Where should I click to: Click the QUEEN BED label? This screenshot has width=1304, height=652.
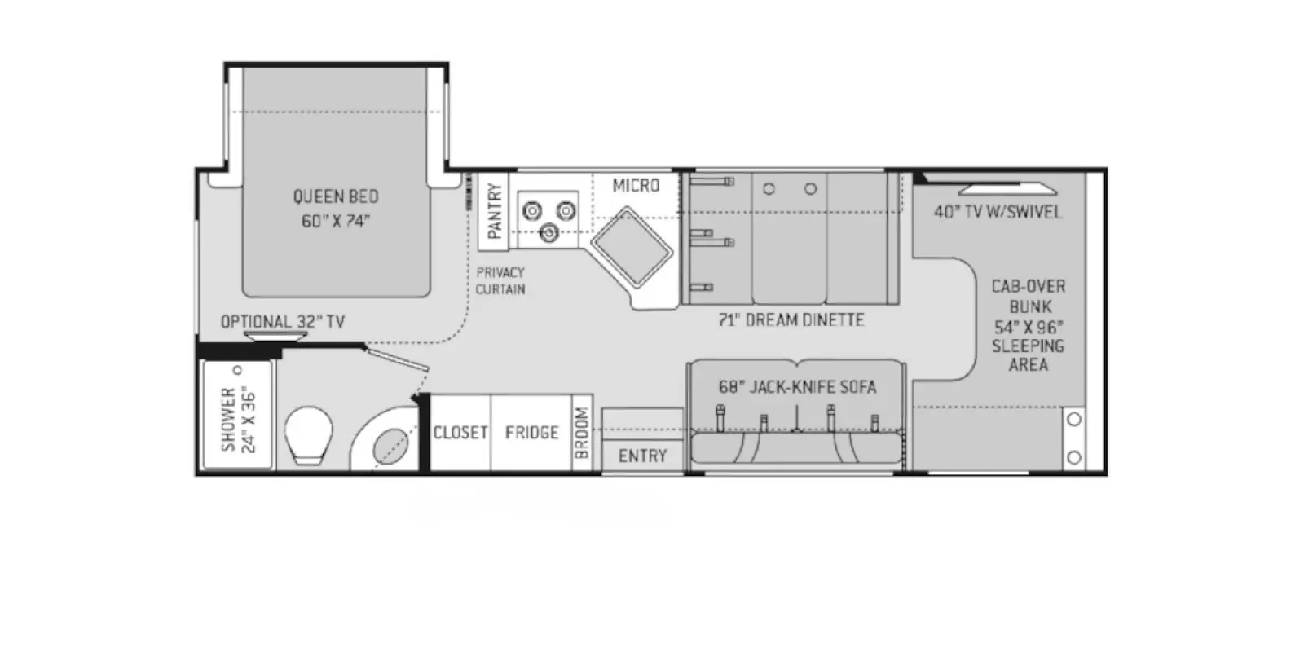point(336,209)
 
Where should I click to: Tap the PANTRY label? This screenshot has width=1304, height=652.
point(495,211)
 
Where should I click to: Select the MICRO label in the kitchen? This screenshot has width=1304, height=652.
point(636,186)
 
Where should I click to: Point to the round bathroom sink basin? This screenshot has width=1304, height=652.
point(391,446)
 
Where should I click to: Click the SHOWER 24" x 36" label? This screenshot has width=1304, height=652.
point(238,419)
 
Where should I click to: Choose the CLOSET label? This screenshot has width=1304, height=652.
point(460,433)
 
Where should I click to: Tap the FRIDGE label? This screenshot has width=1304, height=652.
point(531,433)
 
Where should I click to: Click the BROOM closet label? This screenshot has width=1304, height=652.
point(582,433)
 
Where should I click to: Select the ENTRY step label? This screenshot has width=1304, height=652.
point(642,456)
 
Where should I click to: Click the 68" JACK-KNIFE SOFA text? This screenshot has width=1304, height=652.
point(797,387)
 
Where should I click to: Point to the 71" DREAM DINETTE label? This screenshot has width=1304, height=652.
point(791,320)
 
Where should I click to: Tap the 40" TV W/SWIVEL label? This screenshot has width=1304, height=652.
point(998,212)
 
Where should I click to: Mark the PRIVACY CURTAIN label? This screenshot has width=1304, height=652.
point(500,280)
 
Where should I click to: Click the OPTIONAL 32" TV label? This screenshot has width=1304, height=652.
point(283,322)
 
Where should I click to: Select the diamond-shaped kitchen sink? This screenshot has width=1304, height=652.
point(632,246)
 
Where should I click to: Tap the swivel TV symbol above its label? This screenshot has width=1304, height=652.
point(1007,190)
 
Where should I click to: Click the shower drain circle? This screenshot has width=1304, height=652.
point(238,370)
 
